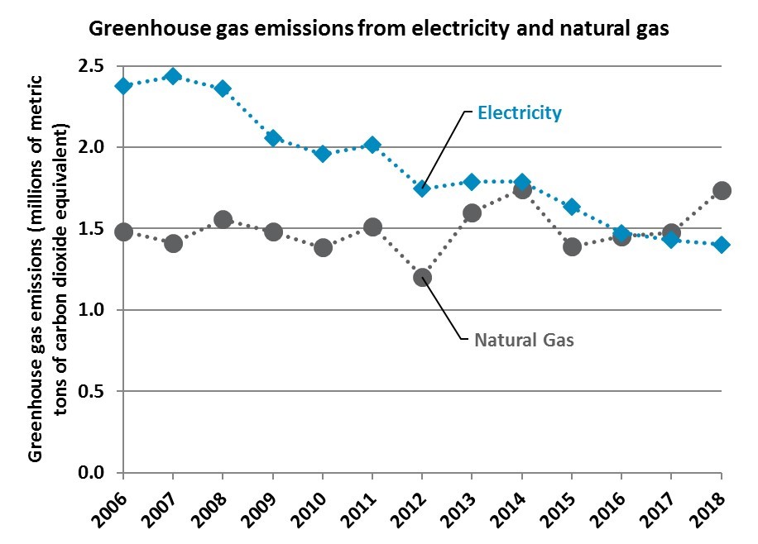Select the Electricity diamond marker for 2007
[173, 77]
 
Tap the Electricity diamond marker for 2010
[323, 153]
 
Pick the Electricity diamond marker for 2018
[722, 245]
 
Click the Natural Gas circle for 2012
[422, 277]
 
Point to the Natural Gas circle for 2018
[722, 190]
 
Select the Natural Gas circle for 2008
[223, 220]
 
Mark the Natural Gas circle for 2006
[123, 231]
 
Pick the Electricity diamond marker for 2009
[273, 138]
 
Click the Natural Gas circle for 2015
[572, 246]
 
